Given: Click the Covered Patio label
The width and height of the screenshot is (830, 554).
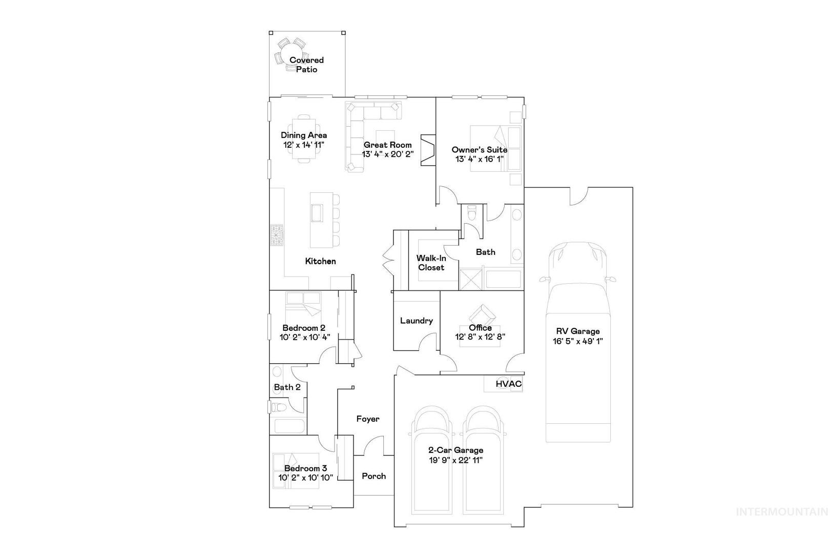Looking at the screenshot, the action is click(x=306, y=65).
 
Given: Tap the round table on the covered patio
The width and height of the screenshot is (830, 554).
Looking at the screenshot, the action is click(x=291, y=54).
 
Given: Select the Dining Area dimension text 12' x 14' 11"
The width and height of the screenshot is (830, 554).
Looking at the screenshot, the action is click(x=304, y=145).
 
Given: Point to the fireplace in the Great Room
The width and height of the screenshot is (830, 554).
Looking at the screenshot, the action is click(x=428, y=150).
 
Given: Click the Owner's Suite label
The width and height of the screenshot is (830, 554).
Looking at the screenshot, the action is click(x=480, y=150).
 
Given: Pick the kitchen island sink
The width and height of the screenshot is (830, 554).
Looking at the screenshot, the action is click(x=317, y=213).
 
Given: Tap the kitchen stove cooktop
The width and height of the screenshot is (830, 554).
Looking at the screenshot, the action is click(x=277, y=235).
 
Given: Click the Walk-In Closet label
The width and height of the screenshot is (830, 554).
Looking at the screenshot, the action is click(x=431, y=263).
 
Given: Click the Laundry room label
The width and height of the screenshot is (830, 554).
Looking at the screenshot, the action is click(x=417, y=321).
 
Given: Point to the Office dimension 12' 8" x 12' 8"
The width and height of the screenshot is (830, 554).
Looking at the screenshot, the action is click(x=480, y=337).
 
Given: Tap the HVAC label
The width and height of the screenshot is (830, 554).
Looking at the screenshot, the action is click(x=509, y=384).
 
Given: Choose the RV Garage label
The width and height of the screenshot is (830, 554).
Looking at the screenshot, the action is click(x=578, y=331).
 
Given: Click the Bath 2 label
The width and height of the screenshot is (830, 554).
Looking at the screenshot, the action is click(x=287, y=387).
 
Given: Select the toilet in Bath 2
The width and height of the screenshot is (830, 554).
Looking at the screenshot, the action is click(x=279, y=407).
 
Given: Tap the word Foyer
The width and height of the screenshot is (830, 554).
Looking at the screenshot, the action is click(x=368, y=419).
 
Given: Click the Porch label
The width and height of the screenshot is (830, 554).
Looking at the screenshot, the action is click(x=374, y=476).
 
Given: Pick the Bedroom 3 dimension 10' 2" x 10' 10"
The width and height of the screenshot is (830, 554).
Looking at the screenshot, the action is click(x=306, y=478).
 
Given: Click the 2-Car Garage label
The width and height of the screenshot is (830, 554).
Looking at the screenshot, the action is click(x=456, y=450).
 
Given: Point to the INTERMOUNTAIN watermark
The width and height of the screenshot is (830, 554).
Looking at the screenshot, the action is click(x=782, y=512).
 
